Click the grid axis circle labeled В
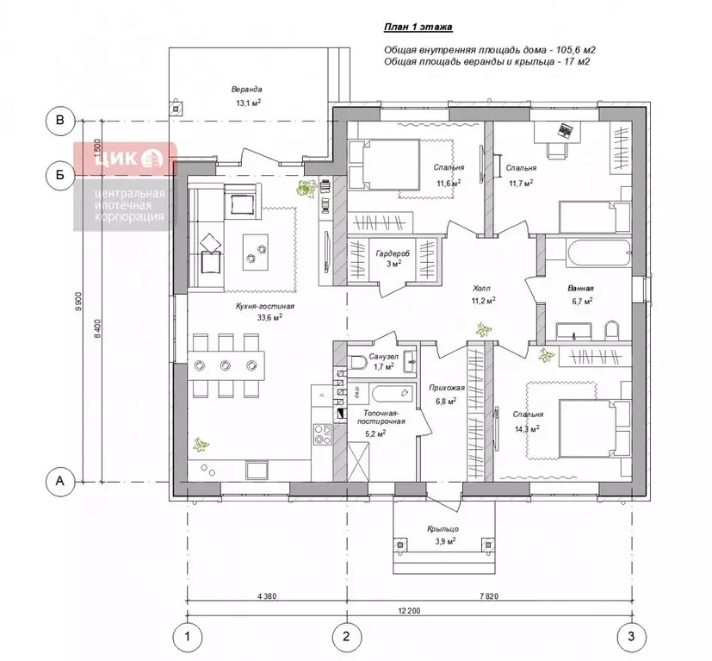(x=60, y=121)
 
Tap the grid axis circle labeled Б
(x=60, y=175)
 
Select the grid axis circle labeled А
(x=60, y=481)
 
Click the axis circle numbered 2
(x=347, y=637)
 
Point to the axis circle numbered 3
(x=631, y=637)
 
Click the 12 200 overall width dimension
(x=409, y=610)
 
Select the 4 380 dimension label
(x=267, y=596)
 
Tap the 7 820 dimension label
(x=489, y=596)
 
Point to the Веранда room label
(x=246, y=89)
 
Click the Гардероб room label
(x=393, y=253)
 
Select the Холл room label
(x=481, y=288)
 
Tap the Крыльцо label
(x=443, y=528)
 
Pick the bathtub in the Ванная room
(x=598, y=253)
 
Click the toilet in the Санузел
(x=358, y=362)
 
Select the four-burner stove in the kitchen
(x=322, y=434)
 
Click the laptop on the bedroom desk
(x=566, y=130)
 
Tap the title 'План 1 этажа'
(x=418, y=28)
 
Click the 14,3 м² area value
(x=527, y=428)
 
